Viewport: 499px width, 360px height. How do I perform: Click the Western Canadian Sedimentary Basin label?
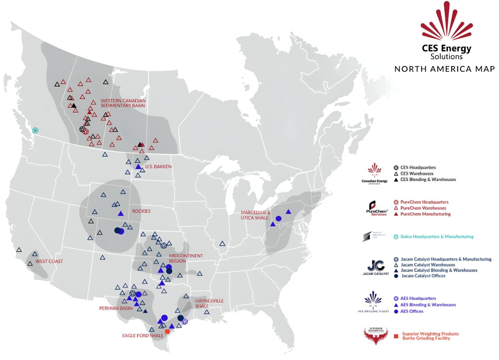pyautogui.click(x=123, y=103)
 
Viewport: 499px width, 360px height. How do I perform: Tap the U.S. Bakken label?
pyautogui.click(x=158, y=167)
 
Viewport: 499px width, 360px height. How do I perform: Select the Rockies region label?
pyautogui.click(x=141, y=211)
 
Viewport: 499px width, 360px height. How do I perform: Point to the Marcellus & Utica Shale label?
pyautogui.click(x=255, y=215)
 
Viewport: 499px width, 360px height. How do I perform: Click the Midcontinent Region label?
pyautogui.click(x=186, y=258)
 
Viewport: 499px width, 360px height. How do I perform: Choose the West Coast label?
pyautogui.click(x=49, y=261)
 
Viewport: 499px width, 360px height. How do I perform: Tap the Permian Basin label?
pyautogui.click(x=116, y=308)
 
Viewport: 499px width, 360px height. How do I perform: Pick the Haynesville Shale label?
pyautogui.click(x=209, y=304)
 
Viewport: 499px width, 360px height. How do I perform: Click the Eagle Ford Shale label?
pyautogui.click(x=143, y=336)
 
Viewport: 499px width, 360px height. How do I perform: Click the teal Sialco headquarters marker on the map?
pyautogui.click(x=35, y=130)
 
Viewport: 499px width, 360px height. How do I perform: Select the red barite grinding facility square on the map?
pyautogui.click(x=167, y=331)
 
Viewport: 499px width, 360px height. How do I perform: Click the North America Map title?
pyautogui.click(x=444, y=69)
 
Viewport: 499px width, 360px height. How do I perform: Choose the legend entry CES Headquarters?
pyautogui.click(x=418, y=168)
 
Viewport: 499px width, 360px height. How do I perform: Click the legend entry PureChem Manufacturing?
pyautogui.click(x=425, y=214)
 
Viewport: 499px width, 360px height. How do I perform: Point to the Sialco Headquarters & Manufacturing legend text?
pyautogui.click(x=437, y=237)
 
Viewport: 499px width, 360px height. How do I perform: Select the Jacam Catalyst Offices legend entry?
pyautogui.click(x=423, y=276)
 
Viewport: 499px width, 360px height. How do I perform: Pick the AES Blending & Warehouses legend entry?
pyautogui.click(x=428, y=305)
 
